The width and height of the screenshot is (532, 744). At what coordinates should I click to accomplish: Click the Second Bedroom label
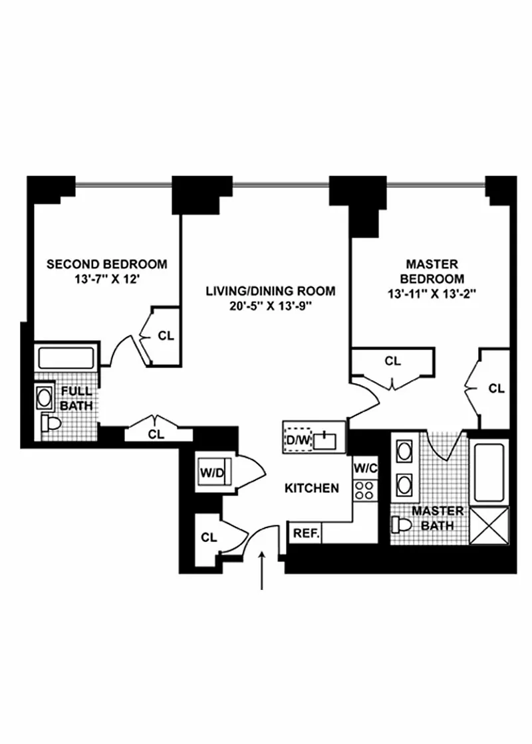107,264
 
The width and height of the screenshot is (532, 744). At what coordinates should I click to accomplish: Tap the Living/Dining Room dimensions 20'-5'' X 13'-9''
270,306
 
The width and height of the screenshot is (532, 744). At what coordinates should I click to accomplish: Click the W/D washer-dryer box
213,473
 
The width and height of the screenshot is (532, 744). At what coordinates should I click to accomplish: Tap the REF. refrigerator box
305,533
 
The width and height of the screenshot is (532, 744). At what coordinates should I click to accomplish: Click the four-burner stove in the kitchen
364,490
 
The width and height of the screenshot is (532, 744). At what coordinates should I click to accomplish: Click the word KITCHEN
312,489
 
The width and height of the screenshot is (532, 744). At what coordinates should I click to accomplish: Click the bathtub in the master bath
489,470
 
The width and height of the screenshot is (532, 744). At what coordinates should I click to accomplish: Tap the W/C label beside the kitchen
366,468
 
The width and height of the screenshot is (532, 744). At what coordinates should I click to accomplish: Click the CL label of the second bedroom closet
166,335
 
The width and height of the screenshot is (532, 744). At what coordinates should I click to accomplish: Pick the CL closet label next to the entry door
209,537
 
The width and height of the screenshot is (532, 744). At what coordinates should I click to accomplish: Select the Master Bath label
438,518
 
